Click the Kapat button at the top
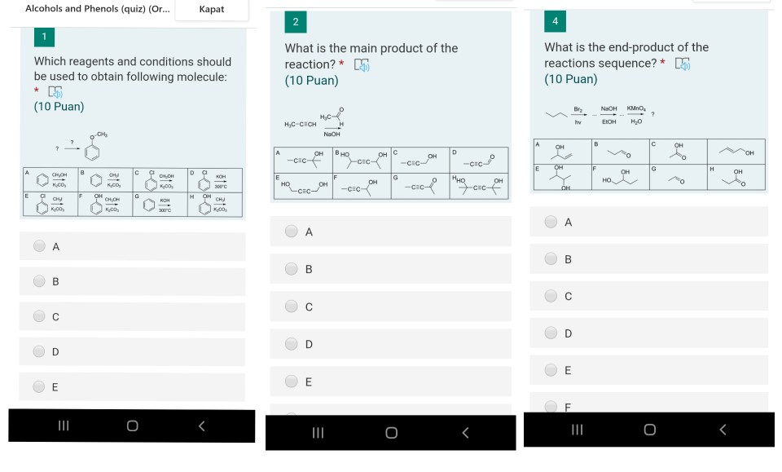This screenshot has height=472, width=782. point(212,10)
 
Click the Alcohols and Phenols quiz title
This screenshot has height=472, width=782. point(97,9)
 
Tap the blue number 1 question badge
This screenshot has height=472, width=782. point(44,37)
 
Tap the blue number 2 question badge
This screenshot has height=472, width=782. point(295,21)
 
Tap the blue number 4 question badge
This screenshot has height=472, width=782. point(555,21)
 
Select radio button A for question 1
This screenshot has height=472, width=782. point(40,246)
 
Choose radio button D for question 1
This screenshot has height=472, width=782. point(40,351)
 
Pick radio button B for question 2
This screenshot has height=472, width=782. point(292,269)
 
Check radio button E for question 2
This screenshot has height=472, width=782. point(292,382)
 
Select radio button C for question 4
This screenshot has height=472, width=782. point(551,296)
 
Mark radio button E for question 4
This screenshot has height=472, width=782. point(551,369)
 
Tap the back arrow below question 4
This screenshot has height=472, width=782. point(722,429)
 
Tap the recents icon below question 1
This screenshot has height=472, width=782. point(63,426)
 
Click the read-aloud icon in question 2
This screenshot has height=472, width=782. point(361,64)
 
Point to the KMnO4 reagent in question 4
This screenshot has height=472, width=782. point(635,108)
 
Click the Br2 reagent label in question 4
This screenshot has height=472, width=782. point(578,108)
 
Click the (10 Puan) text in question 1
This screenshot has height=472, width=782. point(59,107)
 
